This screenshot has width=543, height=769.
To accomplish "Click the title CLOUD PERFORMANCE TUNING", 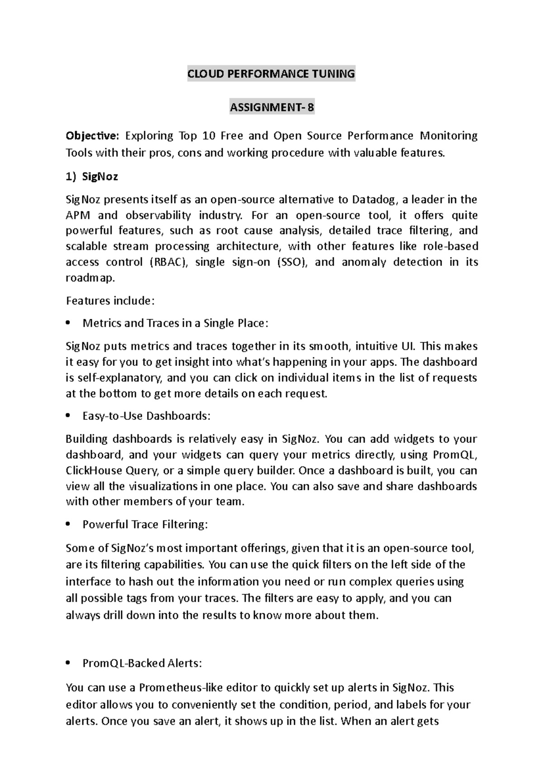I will tap(271, 74).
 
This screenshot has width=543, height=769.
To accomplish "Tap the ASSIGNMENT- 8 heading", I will tap(271, 108).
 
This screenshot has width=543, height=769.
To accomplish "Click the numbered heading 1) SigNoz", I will tap(92, 177).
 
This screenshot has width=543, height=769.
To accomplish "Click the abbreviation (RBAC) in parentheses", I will tap(168, 262).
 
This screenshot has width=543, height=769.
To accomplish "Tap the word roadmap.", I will tap(90, 278).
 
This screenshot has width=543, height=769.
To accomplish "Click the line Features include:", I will tap(110, 301).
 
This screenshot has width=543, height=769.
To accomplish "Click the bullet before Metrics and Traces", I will tap(68, 323).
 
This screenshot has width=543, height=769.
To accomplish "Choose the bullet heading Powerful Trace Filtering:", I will tap(145, 524).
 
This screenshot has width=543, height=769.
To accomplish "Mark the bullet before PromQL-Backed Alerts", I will tap(68, 663).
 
